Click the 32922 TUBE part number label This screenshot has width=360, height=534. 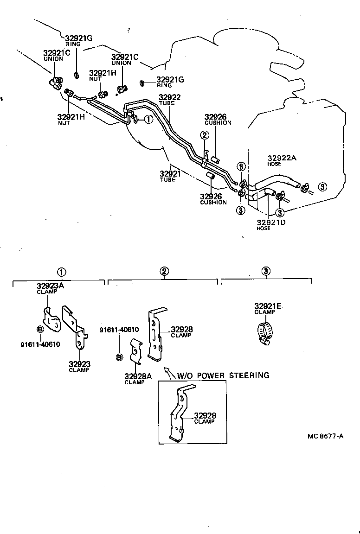pyautogui.click(x=169, y=100)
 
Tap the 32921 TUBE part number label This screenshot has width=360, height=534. pyautogui.click(x=170, y=176)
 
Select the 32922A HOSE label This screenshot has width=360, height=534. pyautogui.click(x=282, y=160)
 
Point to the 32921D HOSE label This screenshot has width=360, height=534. pyautogui.click(x=271, y=225)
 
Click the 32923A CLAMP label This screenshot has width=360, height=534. pyautogui.click(x=51, y=288)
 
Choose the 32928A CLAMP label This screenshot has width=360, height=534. pyautogui.click(x=138, y=379)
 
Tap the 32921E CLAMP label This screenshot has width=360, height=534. pyautogui.click(x=268, y=309)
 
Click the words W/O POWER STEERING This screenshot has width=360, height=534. pyautogui.click(x=223, y=375)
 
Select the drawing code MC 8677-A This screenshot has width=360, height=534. pyautogui.click(x=325, y=436)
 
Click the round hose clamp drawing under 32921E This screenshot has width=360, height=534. pyautogui.click(x=265, y=332)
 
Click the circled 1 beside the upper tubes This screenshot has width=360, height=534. pyautogui.click(x=148, y=120)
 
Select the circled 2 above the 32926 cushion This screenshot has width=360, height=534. pyautogui.click(x=204, y=135)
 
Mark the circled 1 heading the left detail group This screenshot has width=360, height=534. pyautogui.click(x=61, y=272)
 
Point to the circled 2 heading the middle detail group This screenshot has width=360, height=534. pyautogui.click(x=164, y=272)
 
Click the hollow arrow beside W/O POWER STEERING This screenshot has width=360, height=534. pyautogui.click(x=169, y=373)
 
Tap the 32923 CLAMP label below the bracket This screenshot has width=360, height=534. pyautogui.click(x=79, y=367)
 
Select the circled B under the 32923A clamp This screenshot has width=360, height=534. pyautogui.click(x=40, y=329)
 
